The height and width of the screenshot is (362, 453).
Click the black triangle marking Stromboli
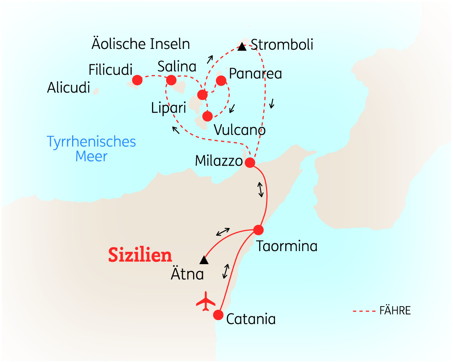242,46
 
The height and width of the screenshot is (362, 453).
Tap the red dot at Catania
218,315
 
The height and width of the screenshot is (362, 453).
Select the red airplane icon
206,301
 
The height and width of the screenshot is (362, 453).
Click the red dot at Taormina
259,230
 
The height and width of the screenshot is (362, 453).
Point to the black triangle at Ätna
204,260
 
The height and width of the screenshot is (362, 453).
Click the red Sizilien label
140,255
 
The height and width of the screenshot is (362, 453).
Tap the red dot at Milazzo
250,163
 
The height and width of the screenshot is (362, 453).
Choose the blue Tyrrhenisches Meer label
92,149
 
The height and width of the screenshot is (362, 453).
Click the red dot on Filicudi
137,80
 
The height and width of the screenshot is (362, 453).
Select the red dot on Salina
171,79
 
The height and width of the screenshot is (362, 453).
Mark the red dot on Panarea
221,80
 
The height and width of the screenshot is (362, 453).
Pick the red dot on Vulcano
207,116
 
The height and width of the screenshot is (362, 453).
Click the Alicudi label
68,88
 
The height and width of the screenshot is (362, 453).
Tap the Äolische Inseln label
141,44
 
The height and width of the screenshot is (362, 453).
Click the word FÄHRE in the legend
395,311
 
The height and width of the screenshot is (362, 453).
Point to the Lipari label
168,108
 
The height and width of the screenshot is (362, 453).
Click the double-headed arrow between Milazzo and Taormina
260,190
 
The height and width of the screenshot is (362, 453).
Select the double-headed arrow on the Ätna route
223,232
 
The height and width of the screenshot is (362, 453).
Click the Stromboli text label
282,44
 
